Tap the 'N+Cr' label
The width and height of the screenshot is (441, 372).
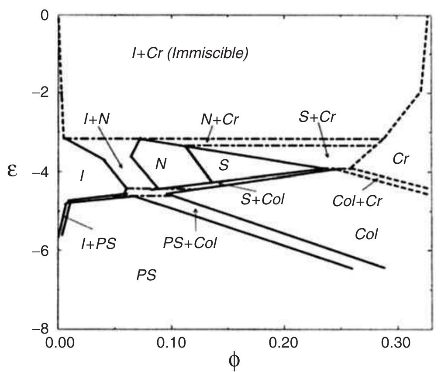[x=220, y=119]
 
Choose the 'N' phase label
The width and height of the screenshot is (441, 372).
[x=161, y=164]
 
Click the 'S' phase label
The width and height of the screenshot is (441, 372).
[x=224, y=165]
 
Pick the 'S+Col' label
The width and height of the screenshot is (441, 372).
[x=262, y=200]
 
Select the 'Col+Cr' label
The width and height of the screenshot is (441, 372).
[x=357, y=201]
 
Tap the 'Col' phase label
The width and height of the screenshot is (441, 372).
[x=366, y=234]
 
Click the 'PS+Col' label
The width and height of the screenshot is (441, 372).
[x=189, y=243]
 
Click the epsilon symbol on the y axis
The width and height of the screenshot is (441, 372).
[x=13, y=170]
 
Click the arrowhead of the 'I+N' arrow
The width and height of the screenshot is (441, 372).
[x=123, y=168]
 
